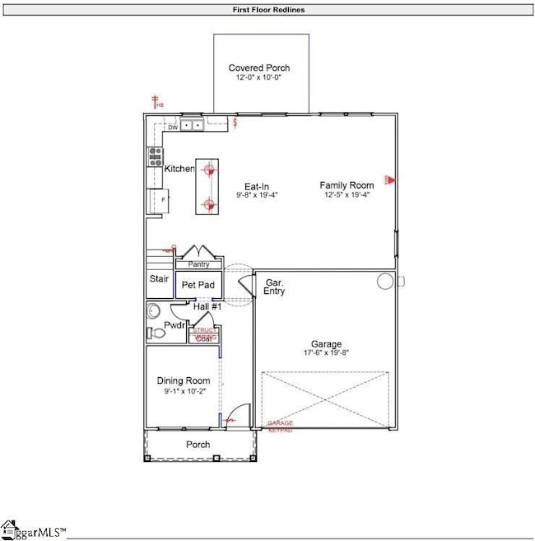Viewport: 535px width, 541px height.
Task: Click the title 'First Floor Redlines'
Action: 267,11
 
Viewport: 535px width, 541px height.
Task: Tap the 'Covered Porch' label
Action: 259,68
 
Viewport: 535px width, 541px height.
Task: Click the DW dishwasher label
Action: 173,128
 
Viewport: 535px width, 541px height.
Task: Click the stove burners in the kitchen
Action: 154,156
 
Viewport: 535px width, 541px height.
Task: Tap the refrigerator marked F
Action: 155,200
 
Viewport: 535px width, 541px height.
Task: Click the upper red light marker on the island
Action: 209,169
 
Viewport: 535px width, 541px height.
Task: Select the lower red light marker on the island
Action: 209,204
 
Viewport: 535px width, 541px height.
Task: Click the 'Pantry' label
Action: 199,264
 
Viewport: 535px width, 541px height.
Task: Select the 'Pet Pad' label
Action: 198,285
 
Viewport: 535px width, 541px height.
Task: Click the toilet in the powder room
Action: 154,333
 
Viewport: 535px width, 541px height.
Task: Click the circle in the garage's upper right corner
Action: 385,282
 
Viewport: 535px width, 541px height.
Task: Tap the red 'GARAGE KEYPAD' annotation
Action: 280,426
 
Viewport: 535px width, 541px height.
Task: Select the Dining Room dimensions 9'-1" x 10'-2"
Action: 184,392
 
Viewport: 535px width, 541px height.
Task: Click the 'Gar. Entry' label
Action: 273,286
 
